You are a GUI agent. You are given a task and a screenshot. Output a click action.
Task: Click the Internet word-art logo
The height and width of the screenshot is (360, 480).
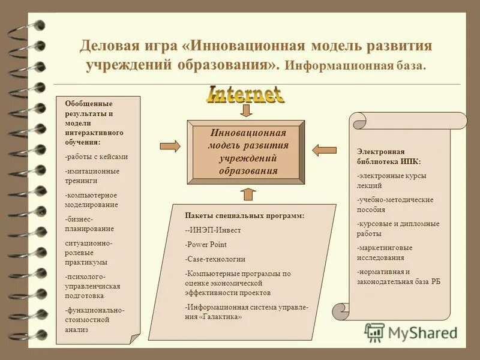245,94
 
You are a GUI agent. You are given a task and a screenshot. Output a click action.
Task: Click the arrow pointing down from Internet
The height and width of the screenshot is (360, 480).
247,110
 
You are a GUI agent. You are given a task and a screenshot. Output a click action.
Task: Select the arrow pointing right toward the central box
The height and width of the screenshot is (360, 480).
170,145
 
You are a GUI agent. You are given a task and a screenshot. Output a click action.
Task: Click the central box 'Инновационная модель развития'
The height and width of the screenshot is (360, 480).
245,151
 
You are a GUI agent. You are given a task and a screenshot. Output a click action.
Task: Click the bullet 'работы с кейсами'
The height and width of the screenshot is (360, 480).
97,157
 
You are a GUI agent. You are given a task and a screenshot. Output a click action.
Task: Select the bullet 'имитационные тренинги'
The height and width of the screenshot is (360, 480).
92,175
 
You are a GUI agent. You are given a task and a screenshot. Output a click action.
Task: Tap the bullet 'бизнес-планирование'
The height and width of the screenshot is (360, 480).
90,224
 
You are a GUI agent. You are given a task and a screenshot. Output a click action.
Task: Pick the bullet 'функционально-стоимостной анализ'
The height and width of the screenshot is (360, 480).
94,319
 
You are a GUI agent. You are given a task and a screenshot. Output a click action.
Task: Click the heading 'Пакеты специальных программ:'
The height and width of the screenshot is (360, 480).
244,215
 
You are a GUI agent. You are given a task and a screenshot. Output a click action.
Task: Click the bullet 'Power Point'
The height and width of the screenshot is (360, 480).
206,244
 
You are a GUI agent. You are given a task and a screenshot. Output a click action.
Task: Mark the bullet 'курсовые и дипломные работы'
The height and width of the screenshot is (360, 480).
398,228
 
